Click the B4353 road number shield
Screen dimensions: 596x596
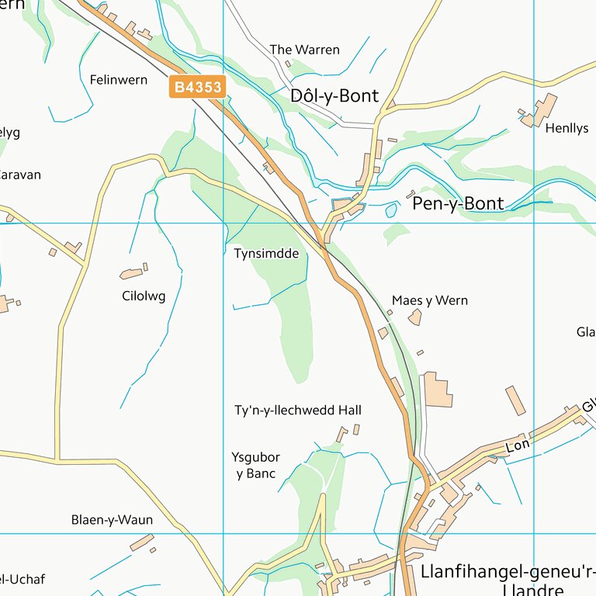tap(197, 87)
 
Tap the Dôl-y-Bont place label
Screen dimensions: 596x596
tap(334, 96)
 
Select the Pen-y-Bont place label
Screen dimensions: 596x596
tap(458, 204)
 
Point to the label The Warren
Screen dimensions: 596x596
tap(304, 50)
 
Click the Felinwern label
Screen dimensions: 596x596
tap(118, 80)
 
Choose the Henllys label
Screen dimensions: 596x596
tap(567, 129)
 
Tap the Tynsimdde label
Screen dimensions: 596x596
tap(266, 254)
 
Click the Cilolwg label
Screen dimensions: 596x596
tap(144, 296)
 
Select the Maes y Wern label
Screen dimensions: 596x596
tap(430, 300)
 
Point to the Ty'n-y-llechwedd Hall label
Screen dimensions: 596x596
tap(298, 410)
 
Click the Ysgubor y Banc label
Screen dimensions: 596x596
tap(255, 466)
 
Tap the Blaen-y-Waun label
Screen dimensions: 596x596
tap(112, 520)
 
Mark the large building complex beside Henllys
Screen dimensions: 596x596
tap(542, 110)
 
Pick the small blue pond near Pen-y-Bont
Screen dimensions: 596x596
tap(391, 210)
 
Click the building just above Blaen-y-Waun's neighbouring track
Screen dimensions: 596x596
tap(141, 542)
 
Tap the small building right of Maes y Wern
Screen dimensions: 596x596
tap(415, 317)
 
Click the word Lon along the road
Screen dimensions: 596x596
tap(517, 447)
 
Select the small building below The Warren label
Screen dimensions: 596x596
tap(288, 64)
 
